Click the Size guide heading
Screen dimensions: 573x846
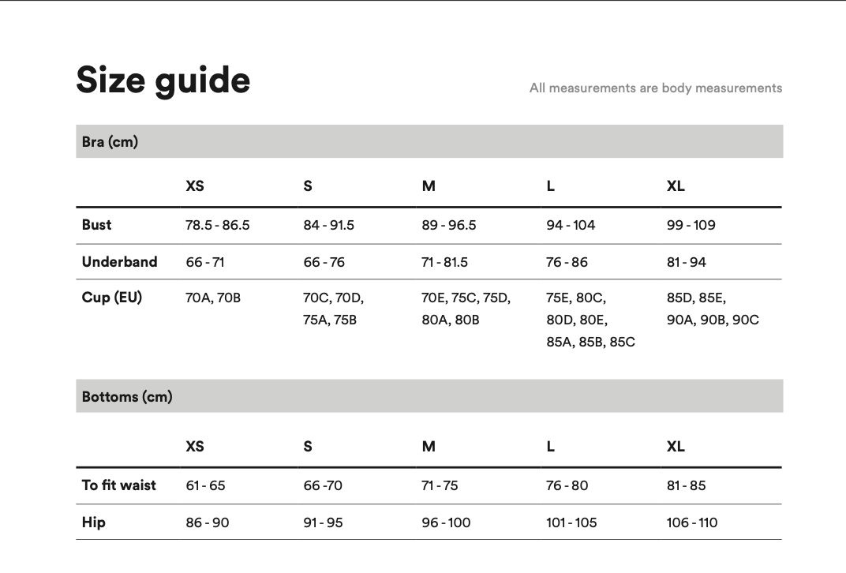pyautogui.click(x=163, y=81)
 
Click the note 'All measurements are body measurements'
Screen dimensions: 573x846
pyautogui.click(x=655, y=88)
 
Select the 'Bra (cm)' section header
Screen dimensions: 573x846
pyautogui.click(x=110, y=142)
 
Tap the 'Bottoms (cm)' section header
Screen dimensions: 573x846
pyautogui.click(x=127, y=396)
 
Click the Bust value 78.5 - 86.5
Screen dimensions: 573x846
pyautogui.click(x=217, y=225)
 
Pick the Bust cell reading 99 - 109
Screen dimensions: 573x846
pyautogui.click(x=691, y=225)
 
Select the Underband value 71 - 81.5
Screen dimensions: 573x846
pyautogui.click(x=444, y=262)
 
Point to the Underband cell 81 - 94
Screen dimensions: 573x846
pyautogui.click(x=686, y=262)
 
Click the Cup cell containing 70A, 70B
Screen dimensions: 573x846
pyautogui.click(x=213, y=298)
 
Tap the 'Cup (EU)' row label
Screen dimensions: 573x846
pyautogui.click(x=112, y=298)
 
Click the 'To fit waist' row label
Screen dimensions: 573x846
pyautogui.click(x=119, y=485)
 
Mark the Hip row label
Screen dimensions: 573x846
pyautogui.click(x=93, y=522)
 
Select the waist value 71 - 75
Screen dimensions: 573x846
pyautogui.click(x=440, y=485)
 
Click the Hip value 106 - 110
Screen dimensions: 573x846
pyautogui.click(x=692, y=522)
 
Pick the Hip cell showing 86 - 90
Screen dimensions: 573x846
pyautogui.click(x=208, y=522)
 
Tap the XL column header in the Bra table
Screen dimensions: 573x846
pyautogui.click(x=676, y=185)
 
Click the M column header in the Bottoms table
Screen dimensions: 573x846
pyautogui.click(x=429, y=446)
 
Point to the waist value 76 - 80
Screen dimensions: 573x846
pyautogui.click(x=567, y=485)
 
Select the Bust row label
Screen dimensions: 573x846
pyautogui.click(x=96, y=225)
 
